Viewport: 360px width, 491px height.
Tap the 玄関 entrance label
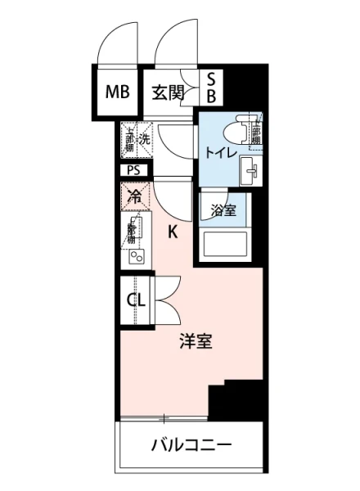pyautogui.click(x=167, y=91)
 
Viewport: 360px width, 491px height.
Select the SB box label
pyautogui.click(x=210, y=88)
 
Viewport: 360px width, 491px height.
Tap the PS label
pyautogui.click(x=133, y=170)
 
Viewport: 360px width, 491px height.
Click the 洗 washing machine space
pyautogui.click(x=144, y=138)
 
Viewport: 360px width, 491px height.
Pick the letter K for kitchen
pyautogui.click(x=173, y=232)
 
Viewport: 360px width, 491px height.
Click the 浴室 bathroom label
pyautogui.click(x=223, y=209)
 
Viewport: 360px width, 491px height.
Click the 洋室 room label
pyautogui.click(x=196, y=342)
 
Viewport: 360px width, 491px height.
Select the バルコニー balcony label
pyautogui.click(x=191, y=447)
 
